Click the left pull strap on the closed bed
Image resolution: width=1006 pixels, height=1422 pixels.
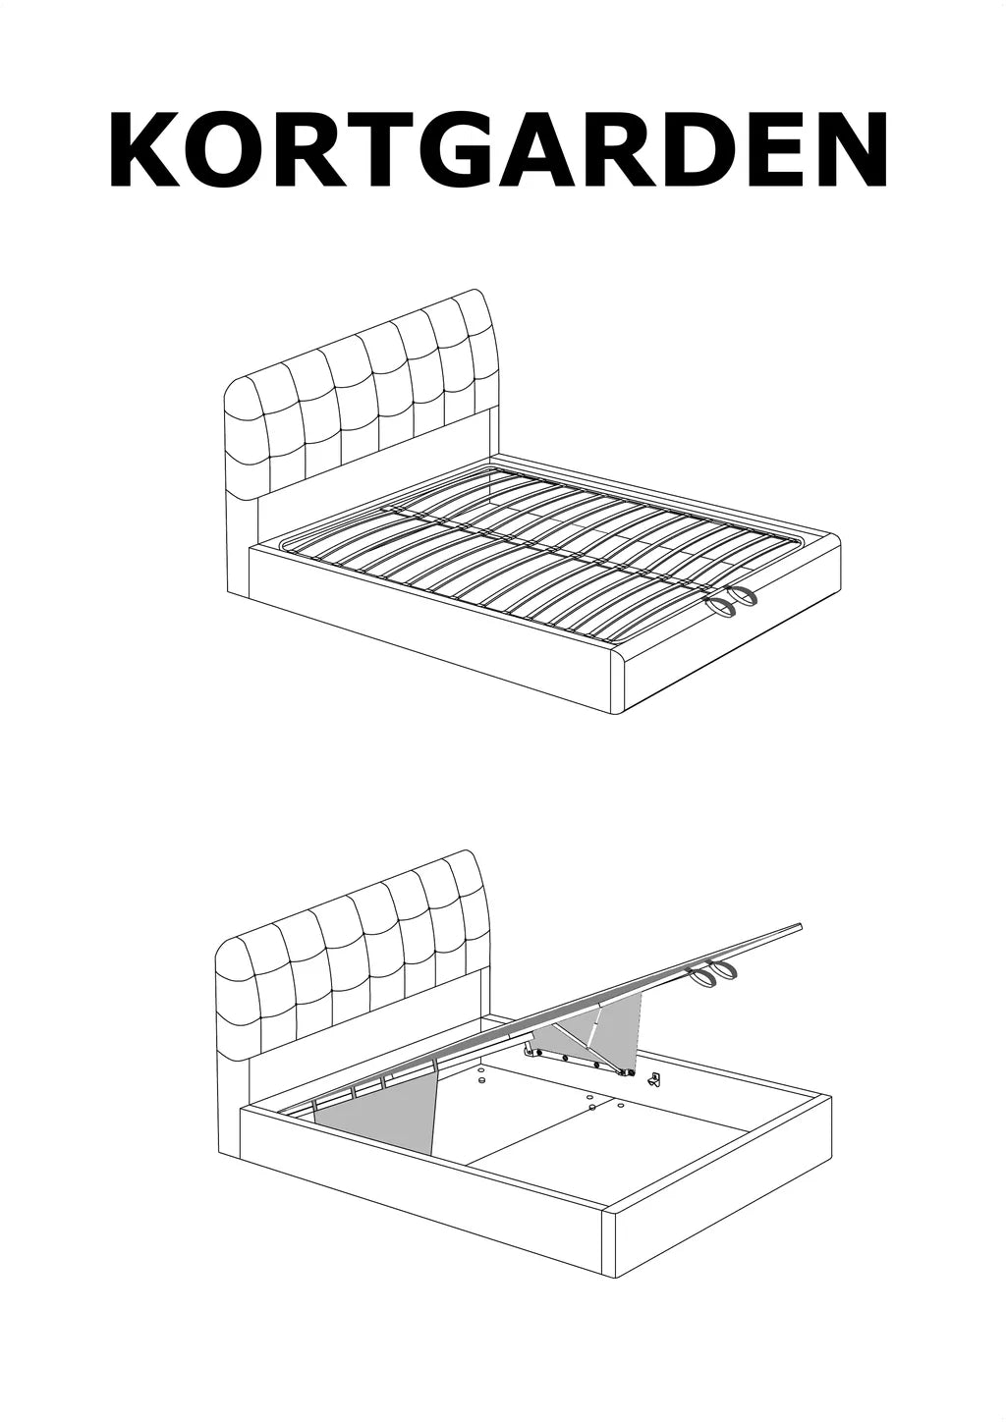(722, 607)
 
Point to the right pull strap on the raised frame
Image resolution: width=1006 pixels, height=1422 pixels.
(727, 971)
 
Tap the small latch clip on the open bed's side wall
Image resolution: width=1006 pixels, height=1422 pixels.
(654, 1081)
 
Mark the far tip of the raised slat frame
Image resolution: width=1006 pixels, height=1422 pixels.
(800, 926)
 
